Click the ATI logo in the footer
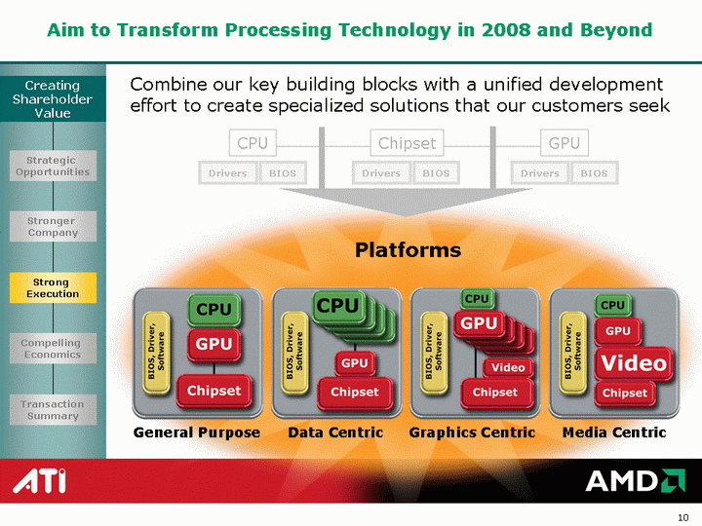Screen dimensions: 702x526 pos(39,481)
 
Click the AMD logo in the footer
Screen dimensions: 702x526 pos(636,481)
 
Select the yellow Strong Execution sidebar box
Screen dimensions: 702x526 pos(53,287)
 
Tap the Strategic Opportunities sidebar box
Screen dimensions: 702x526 pos(53,166)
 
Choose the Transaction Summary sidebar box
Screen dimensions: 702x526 pos(53,410)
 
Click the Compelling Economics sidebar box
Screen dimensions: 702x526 pos(53,349)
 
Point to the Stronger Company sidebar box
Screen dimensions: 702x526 pos(53,226)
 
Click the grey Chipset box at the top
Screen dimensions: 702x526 pos(407,143)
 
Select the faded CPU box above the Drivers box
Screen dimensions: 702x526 pos(253,143)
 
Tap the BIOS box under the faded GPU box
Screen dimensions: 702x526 pos(594,173)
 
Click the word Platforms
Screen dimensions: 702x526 pos(408,249)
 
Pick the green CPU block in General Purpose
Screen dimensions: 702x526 pos(214,309)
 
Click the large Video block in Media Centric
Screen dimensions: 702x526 pos(634,363)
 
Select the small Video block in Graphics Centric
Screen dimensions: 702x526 pos(508,367)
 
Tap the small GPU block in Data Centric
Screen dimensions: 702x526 pos(355,363)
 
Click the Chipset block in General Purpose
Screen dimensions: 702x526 pos(214,391)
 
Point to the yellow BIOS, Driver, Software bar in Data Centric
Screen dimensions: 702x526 pos(294,353)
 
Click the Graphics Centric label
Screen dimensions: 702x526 pos(472,432)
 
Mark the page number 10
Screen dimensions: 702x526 pos(682,517)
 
